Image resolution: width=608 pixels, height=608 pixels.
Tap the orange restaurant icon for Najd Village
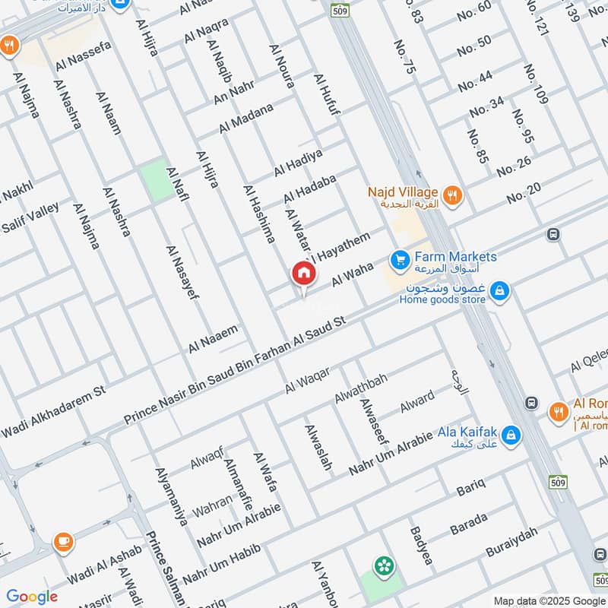pos(452,195)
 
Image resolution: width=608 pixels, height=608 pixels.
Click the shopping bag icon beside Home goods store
pos(499,290)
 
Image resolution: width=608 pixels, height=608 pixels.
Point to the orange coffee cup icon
pos(63,541)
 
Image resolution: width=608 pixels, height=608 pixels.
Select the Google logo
pos(32,597)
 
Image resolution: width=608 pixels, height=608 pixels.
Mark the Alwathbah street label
pos(361,388)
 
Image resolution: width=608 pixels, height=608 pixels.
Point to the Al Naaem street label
pos(214,339)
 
